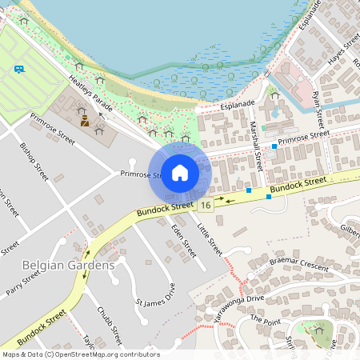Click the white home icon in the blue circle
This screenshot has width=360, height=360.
(x=180, y=173)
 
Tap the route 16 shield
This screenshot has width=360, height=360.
(x=206, y=206)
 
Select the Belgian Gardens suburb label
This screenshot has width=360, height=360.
(x=68, y=265)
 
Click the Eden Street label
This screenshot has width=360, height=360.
(x=183, y=240)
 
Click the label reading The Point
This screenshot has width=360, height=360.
(x=266, y=318)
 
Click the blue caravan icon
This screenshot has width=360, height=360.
(x=19, y=69)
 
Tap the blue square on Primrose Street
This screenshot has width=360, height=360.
(x=274, y=146)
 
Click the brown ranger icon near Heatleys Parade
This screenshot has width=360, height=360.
(x=84, y=122)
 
